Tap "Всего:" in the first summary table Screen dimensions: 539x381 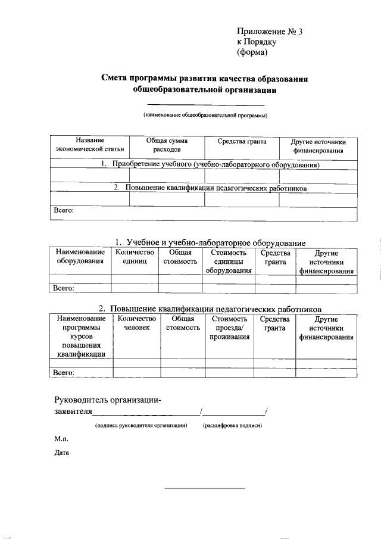[64, 210]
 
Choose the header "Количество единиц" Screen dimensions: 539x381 [134, 257]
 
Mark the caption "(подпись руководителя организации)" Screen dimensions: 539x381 [141, 426]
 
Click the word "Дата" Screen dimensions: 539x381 [62, 453]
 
